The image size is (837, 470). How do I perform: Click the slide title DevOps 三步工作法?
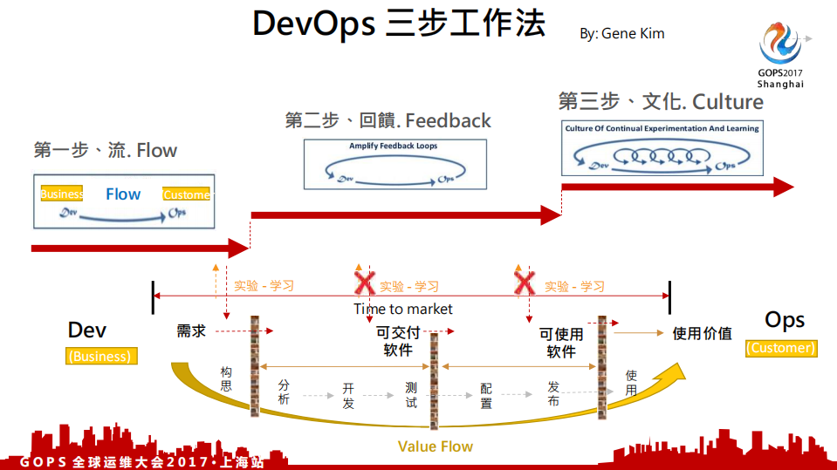(x=399, y=24)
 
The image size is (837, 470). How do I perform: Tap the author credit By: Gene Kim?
(x=621, y=34)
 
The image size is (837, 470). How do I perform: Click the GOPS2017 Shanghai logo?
(x=780, y=54)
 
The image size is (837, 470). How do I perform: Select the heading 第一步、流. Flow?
(x=106, y=150)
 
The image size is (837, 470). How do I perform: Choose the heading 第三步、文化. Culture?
(x=661, y=102)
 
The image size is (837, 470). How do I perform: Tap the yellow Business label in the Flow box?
(x=62, y=194)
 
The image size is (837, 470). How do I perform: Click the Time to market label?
(x=403, y=309)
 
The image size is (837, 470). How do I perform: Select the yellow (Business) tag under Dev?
(x=99, y=356)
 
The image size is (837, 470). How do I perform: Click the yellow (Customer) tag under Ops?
(x=780, y=348)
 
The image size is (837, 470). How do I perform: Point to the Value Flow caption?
(x=435, y=446)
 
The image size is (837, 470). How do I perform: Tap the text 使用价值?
(x=702, y=333)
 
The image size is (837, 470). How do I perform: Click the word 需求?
(x=191, y=331)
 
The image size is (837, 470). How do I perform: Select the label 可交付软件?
(x=398, y=341)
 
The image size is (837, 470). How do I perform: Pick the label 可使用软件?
(x=561, y=343)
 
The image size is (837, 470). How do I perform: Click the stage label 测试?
(x=411, y=394)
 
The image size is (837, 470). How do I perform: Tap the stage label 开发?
(x=348, y=395)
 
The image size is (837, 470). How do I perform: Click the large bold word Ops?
(x=785, y=320)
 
